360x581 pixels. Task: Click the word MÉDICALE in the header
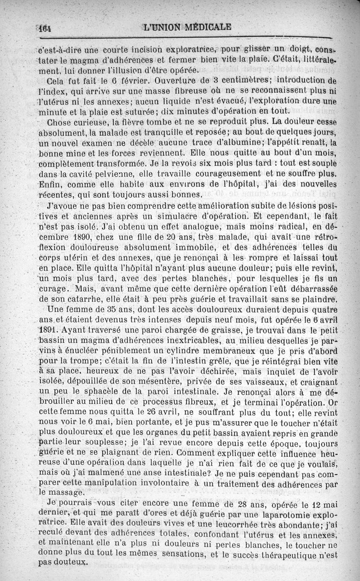point(207,27)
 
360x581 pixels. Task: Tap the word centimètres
point(239,81)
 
